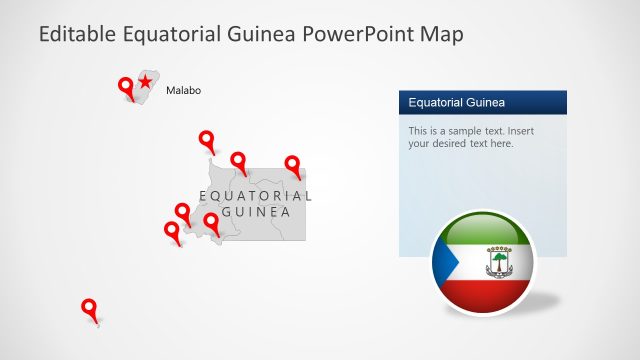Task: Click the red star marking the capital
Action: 146,81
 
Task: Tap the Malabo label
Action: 183,90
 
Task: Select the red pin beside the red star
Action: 126,87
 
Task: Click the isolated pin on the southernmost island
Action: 89,308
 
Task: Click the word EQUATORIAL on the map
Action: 255,196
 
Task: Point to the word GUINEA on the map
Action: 256,212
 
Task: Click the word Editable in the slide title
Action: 77,35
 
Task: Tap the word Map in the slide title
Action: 443,35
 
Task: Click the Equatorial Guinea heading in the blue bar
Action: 456,102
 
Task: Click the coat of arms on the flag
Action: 498,263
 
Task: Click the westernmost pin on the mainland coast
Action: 172,231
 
